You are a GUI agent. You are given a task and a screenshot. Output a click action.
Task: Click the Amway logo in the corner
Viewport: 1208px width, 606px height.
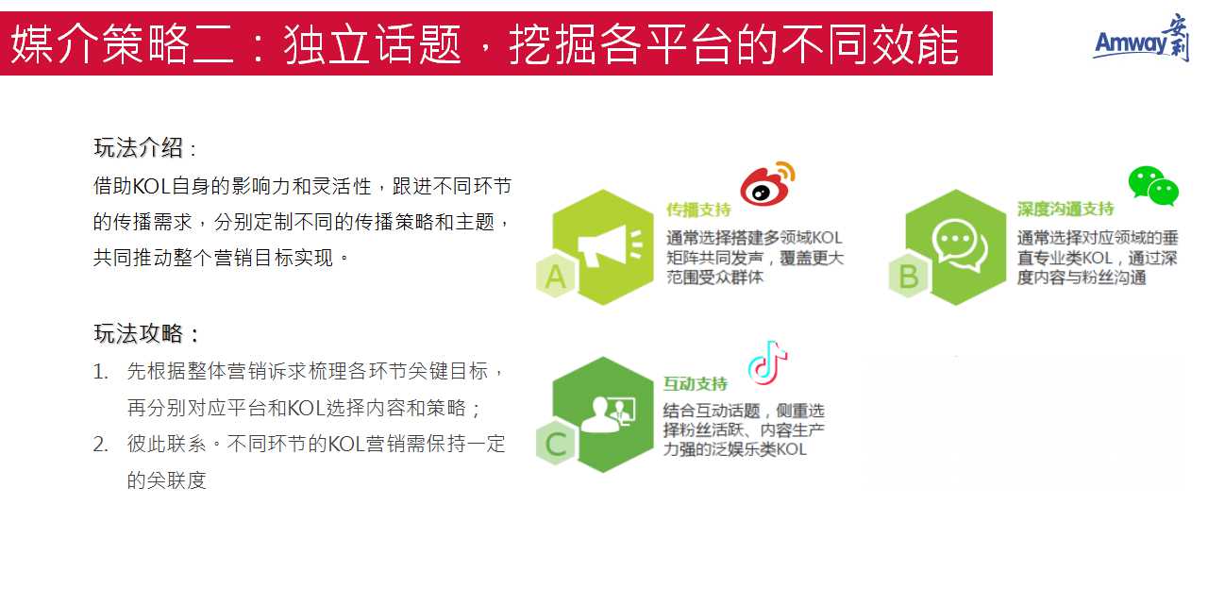[x=1141, y=38]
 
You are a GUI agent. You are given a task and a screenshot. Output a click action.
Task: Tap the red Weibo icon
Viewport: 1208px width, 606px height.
[x=767, y=182]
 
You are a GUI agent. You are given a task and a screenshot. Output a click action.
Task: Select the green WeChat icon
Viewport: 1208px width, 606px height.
[x=1153, y=185]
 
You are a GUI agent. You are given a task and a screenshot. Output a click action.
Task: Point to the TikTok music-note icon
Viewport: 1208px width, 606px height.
[x=767, y=362]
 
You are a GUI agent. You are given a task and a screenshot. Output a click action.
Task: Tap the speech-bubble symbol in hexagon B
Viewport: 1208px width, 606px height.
[x=960, y=245]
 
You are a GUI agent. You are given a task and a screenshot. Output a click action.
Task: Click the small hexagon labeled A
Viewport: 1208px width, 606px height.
[x=556, y=276]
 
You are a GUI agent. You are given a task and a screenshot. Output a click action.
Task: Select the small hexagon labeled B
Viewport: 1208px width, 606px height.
[x=909, y=276]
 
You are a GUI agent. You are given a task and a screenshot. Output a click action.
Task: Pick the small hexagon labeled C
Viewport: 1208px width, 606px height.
[x=556, y=444]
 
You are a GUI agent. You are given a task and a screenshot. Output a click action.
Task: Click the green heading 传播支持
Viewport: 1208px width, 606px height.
[x=698, y=210]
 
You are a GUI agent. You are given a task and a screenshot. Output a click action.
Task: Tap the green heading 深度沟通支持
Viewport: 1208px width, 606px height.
[x=1065, y=209]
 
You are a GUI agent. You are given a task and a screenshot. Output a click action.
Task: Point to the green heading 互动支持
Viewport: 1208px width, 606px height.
[x=696, y=384]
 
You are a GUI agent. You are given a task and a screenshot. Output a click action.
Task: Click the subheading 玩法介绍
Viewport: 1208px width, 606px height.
[x=139, y=148]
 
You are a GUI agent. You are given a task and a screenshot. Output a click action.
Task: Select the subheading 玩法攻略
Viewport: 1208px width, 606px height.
[x=139, y=333]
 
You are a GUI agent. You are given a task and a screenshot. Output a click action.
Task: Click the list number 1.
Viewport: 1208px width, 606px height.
[x=100, y=372]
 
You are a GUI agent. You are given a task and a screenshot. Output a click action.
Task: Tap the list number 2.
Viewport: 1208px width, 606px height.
[x=100, y=445]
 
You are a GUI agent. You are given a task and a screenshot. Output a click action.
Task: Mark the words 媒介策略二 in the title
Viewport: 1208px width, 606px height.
[x=123, y=44]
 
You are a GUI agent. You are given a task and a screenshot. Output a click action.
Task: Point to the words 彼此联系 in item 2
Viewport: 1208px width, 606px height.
[x=167, y=444]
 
